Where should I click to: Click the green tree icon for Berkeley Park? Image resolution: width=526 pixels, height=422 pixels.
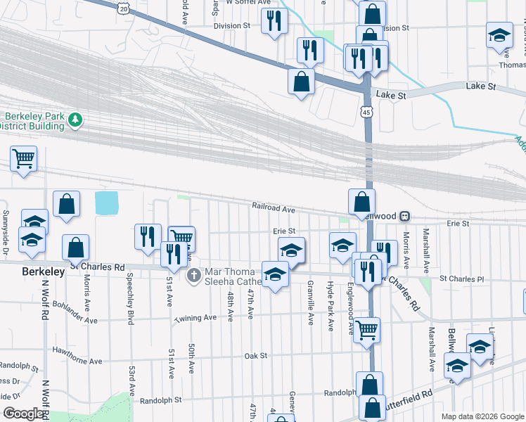click(x=75, y=121)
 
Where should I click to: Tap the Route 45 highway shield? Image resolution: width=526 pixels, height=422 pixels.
click(x=366, y=112)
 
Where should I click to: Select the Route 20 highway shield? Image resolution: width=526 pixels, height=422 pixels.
click(x=124, y=8)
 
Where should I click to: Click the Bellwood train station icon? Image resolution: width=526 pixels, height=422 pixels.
click(x=405, y=216)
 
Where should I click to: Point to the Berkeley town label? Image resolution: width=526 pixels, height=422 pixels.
click(x=43, y=271)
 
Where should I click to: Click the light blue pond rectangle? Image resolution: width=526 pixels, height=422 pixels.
click(x=106, y=203)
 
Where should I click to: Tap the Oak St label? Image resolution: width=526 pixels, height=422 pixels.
click(x=256, y=356)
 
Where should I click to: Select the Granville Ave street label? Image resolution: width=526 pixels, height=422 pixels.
click(x=310, y=302)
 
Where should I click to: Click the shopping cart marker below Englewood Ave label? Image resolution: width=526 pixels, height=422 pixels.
click(x=367, y=328)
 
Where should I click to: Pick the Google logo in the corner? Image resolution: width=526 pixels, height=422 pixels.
click(x=24, y=414)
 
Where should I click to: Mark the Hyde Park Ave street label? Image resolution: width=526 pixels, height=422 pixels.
click(x=330, y=306)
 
